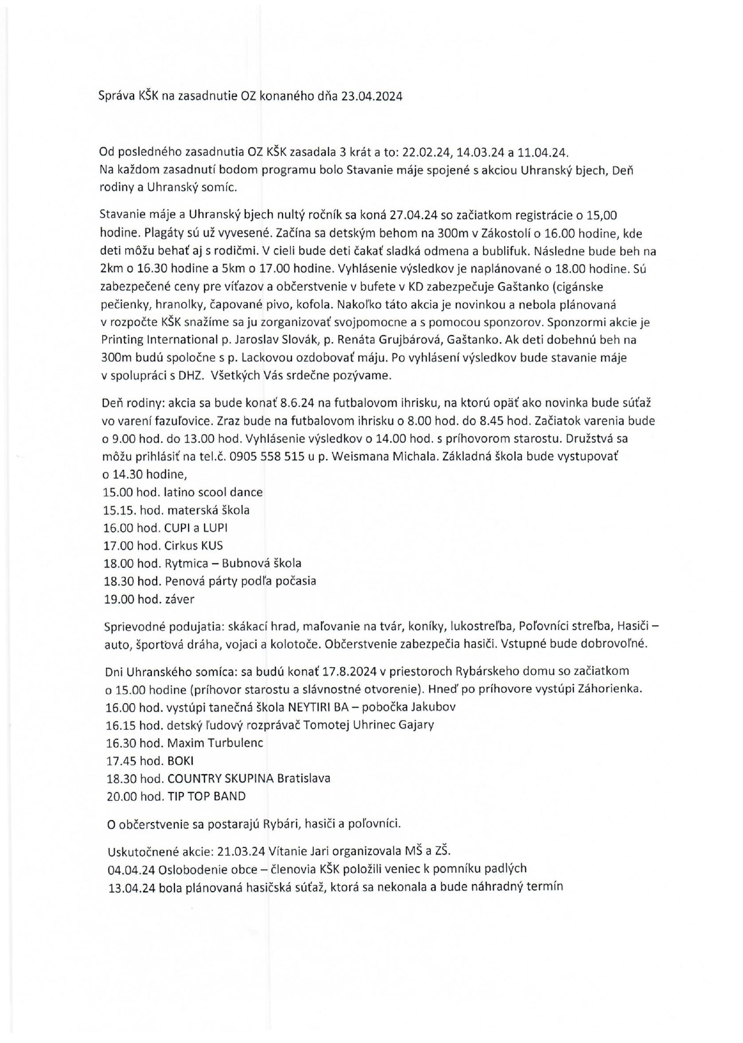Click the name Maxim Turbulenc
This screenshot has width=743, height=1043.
pos(215,743)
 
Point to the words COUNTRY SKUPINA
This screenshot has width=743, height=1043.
pos(220,778)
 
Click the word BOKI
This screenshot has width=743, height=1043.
pos(180,761)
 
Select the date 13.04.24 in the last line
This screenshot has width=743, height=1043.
pos(132,887)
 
